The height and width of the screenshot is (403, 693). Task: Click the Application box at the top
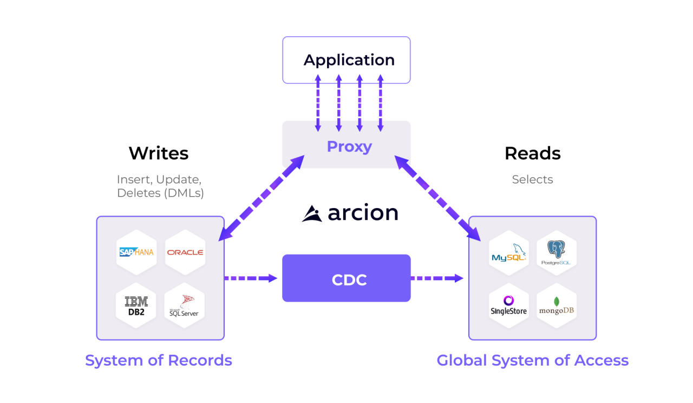tap(346, 60)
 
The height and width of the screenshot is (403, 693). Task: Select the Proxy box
tap(346, 145)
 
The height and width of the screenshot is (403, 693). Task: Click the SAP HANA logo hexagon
tap(136, 252)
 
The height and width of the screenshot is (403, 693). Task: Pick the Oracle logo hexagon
tap(185, 252)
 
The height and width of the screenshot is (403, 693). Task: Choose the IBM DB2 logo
tap(136, 305)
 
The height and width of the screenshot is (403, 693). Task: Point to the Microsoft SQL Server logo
tap(185, 305)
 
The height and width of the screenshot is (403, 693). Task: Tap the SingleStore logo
tap(509, 305)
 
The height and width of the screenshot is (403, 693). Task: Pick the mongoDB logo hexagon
tap(557, 305)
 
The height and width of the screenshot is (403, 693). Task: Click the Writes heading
tap(159, 153)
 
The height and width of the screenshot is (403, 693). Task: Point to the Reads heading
tap(532, 153)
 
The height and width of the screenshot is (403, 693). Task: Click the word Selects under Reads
tap(532, 179)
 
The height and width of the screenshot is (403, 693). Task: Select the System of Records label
tap(159, 360)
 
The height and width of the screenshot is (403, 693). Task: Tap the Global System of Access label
tap(532, 360)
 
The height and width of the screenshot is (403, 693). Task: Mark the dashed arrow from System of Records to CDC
tap(251, 278)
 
